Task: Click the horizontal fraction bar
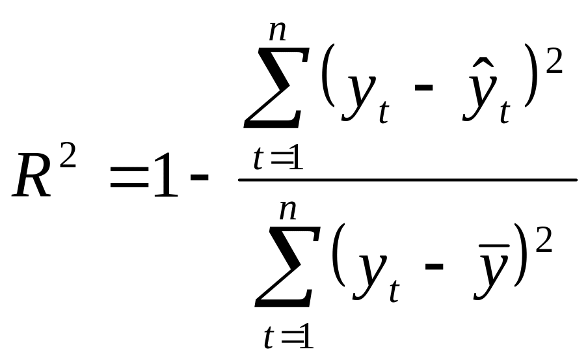tap(407, 179)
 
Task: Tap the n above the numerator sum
tap(278, 29)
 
